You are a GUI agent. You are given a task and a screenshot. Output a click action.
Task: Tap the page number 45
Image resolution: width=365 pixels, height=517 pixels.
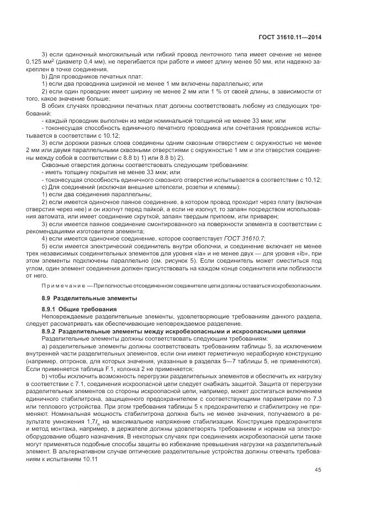[x=318, y=471]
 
